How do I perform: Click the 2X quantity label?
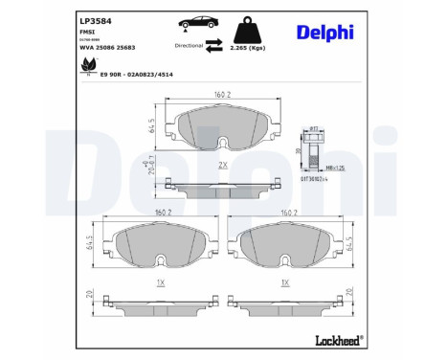point(222,165)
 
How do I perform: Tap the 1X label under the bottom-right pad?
point(284,283)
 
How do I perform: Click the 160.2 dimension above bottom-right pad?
point(284,214)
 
